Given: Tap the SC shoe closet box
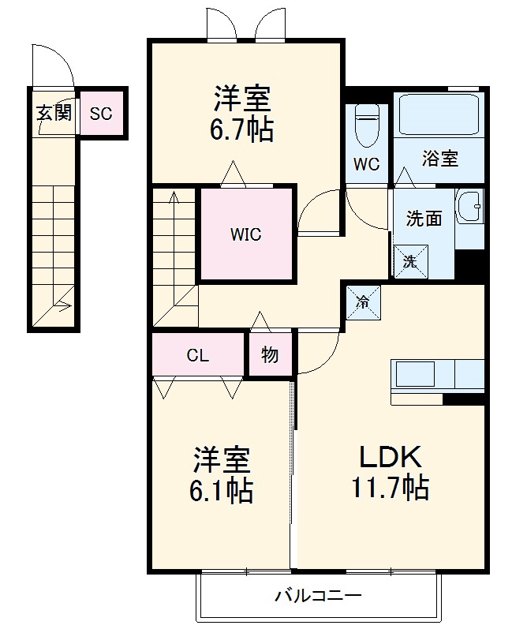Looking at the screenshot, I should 101,113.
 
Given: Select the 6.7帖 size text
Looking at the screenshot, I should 242,129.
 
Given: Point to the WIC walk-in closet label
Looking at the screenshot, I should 245,234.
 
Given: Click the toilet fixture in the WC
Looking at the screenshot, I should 367,127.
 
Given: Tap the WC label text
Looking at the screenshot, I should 367,165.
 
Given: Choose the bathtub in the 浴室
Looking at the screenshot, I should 439,117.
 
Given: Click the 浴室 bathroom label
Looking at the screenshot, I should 439,158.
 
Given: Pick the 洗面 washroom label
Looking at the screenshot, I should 423,219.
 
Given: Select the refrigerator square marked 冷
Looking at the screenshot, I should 362,301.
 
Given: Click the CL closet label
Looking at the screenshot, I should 197,355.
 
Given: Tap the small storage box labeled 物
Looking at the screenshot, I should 270,355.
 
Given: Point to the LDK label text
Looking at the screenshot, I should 391,457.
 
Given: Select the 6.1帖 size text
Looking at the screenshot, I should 221,491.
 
